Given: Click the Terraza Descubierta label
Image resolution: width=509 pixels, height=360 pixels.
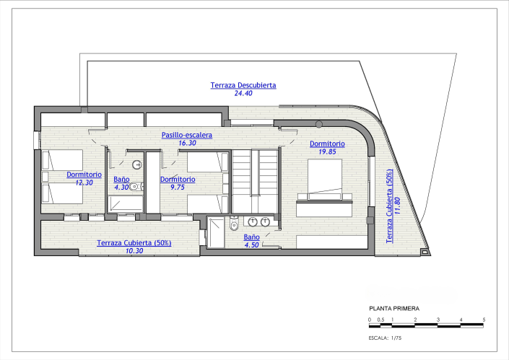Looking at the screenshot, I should (243, 85).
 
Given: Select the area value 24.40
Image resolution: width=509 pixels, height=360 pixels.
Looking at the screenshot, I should (243, 94).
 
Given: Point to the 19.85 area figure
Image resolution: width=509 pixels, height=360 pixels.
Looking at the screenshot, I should (327, 152).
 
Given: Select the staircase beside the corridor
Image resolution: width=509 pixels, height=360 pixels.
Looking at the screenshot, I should (255, 180).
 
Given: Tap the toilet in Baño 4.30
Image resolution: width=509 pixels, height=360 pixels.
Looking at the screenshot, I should (134, 187).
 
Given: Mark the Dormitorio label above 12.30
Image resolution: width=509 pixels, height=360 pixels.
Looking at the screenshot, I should (84, 175).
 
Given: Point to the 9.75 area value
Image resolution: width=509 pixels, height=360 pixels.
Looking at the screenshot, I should (177, 187).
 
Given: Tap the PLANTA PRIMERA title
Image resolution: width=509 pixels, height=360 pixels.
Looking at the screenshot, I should (393, 307).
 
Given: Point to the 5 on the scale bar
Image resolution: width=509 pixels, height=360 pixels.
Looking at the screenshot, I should (484, 319).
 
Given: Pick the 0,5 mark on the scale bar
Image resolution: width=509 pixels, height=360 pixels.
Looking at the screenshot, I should (380, 319).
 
